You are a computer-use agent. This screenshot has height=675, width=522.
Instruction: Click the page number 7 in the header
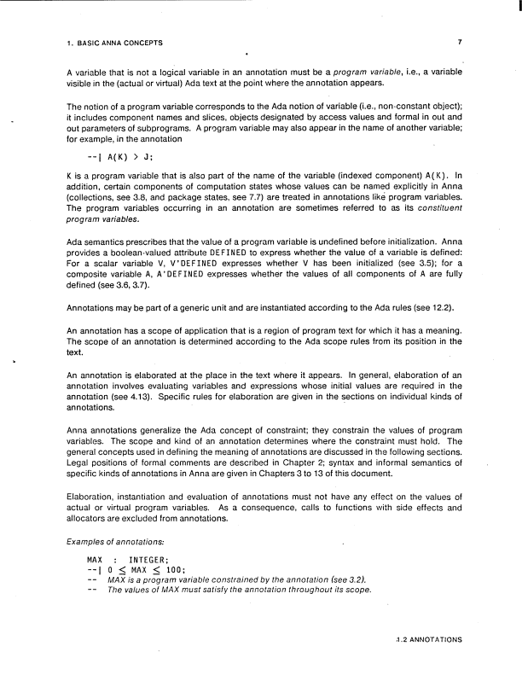(459, 41)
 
